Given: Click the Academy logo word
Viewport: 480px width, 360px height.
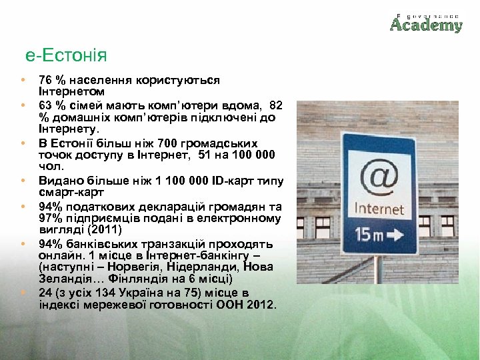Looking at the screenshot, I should [426, 25].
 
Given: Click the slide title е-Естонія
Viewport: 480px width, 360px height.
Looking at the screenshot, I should [67, 56].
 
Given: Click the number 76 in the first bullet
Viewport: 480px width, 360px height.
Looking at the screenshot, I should [45, 80].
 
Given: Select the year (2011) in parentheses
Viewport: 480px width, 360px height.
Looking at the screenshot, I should [99, 229].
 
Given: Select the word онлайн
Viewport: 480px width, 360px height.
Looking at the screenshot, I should [57, 255].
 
